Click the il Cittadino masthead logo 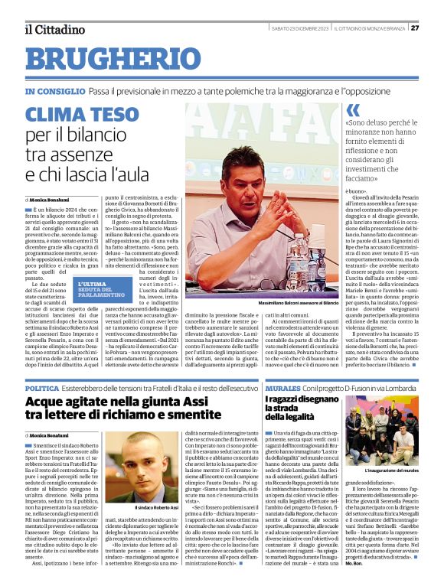(x=54, y=29)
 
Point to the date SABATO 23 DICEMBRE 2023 (x=300, y=28)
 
